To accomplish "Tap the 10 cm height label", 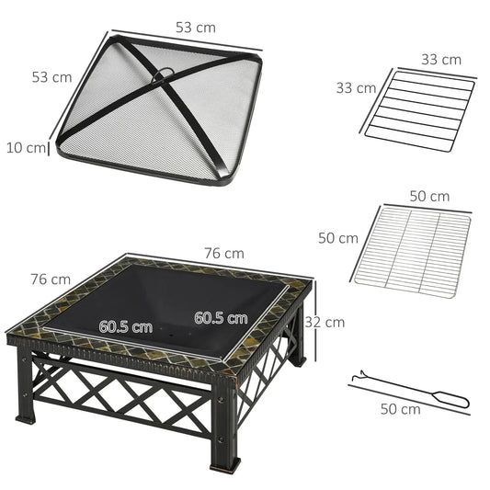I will [x=24, y=147].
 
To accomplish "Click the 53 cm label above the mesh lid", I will [x=196, y=28].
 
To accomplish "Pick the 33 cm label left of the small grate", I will [x=355, y=88].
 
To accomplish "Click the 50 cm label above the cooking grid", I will [x=428, y=197].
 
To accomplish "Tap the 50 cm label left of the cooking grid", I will [x=337, y=237].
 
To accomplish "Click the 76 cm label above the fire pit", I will [x=224, y=253].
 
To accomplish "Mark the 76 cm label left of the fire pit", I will [x=50, y=279].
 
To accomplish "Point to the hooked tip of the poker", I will [x=356, y=376].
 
